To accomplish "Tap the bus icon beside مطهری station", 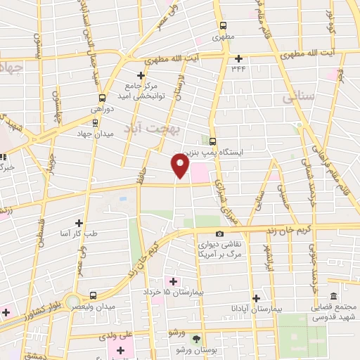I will (x=224, y=22).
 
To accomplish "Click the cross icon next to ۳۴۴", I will (x=238, y=58).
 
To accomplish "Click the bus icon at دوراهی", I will (x=103, y=98).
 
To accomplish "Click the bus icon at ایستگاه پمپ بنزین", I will (x=213, y=140).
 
